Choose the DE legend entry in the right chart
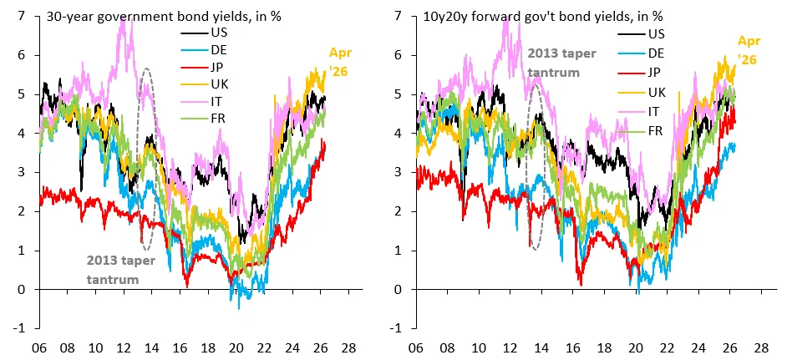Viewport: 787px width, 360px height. pyautogui.click(x=639, y=53)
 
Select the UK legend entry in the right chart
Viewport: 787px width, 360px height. pyautogui.click(x=639, y=93)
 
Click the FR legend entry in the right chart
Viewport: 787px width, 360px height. pyautogui.click(x=639, y=131)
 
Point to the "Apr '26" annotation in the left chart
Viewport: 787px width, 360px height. pyautogui.click(x=339, y=61)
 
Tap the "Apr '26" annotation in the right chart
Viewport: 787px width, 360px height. pyautogui.click(x=748, y=50)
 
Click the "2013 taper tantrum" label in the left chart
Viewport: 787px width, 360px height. pyautogui.click(x=121, y=270)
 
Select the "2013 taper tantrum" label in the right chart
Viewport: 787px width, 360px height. pyautogui.click(x=561, y=63)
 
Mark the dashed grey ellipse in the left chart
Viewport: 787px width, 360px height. pyautogui.click(x=136, y=159)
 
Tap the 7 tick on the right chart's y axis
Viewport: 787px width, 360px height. pyautogui.click(x=399, y=16)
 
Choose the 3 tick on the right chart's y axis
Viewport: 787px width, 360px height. pyautogui.click(x=399, y=172)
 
